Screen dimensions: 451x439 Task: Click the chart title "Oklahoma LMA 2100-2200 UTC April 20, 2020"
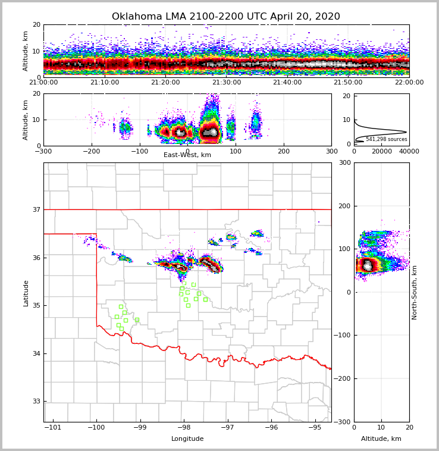[x=226, y=17]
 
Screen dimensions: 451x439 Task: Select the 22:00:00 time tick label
[x=409, y=83]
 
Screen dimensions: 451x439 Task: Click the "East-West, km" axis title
[x=187, y=155]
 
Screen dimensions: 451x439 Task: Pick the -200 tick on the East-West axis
[x=91, y=151]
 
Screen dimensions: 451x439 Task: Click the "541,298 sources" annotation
[x=386, y=139]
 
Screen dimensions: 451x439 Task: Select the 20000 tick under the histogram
[x=381, y=151]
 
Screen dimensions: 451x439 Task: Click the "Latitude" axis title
[x=26, y=293]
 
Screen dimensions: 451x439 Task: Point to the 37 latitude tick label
[x=36, y=209]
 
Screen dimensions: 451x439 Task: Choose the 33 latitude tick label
[x=36, y=402]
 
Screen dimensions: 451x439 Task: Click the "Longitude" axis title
[x=187, y=439]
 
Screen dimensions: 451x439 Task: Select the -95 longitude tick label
[x=315, y=427]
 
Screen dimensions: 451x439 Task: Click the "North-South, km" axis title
[x=415, y=292]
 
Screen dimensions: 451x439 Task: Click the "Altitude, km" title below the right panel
[x=381, y=439]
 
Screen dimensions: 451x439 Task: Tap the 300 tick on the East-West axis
[x=331, y=151]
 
